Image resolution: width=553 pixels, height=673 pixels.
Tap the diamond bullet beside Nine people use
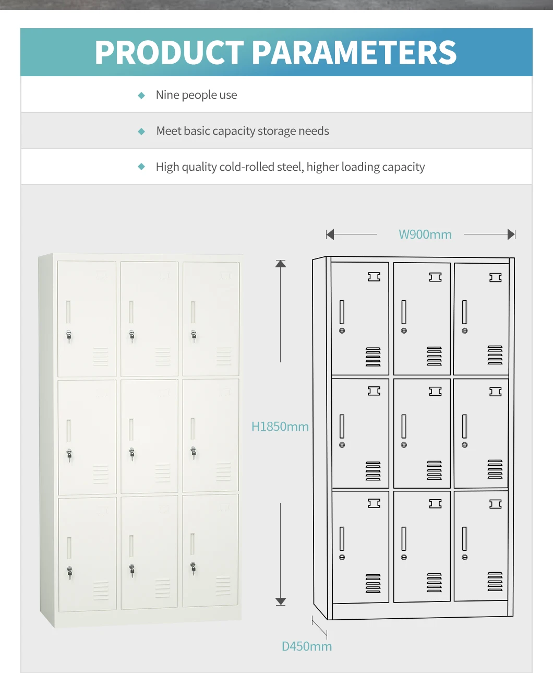point(141,96)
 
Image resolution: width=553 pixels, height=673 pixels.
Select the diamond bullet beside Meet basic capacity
point(141,132)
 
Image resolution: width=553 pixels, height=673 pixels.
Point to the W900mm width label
point(425,235)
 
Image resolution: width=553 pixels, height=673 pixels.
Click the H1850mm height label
point(280,427)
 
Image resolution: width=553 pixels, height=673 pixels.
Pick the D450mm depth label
point(306,647)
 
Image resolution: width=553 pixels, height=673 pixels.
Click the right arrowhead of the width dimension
point(511,234)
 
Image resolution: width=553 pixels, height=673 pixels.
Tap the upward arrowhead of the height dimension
point(281,264)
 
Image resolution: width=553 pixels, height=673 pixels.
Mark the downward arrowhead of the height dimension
point(281,601)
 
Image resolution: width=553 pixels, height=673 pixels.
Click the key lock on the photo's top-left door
point(69,336)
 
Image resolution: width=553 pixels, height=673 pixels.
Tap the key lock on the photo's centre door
point(132,453)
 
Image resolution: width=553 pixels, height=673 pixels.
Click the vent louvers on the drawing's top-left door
point(373,357)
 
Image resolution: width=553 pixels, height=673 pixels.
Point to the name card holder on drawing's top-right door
point(495,278)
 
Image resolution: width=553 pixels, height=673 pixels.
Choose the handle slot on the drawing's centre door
point(404,426)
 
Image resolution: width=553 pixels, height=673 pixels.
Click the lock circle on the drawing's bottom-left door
point(342,558)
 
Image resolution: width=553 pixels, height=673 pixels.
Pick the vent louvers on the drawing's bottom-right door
point(495,582)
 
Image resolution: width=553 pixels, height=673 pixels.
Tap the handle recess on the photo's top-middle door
point(131,312)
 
